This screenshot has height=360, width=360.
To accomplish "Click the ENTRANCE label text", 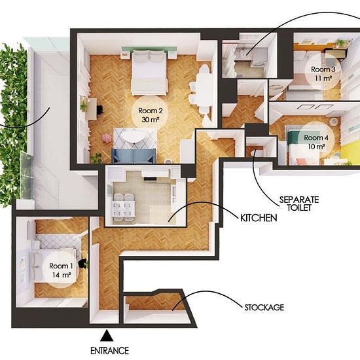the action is point(109,351).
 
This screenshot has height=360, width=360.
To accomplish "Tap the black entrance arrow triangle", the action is point(107,335).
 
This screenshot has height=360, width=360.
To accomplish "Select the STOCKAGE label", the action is point(264,307).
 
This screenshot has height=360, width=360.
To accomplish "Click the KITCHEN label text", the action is point(259,218).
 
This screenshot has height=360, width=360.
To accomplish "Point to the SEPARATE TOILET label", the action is point(299,204).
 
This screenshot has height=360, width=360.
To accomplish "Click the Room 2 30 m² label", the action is point(151,115).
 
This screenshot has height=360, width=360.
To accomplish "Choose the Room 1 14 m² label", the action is point(61,270).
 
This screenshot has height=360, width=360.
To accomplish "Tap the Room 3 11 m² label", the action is point(323,73).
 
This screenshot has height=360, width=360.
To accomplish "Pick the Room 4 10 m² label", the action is point(316,142).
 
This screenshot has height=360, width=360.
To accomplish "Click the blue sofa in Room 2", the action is point(134,156).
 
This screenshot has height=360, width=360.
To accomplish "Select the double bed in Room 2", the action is point(149,73).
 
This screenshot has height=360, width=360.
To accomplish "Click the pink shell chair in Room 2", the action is point(106,139).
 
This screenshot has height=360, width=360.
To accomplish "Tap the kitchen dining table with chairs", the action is point(122,208).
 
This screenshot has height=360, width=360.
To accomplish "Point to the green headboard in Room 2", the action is point(149,48).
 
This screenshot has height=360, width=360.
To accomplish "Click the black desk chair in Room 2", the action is point(100,109).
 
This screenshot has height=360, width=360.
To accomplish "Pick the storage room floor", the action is point(156,301).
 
